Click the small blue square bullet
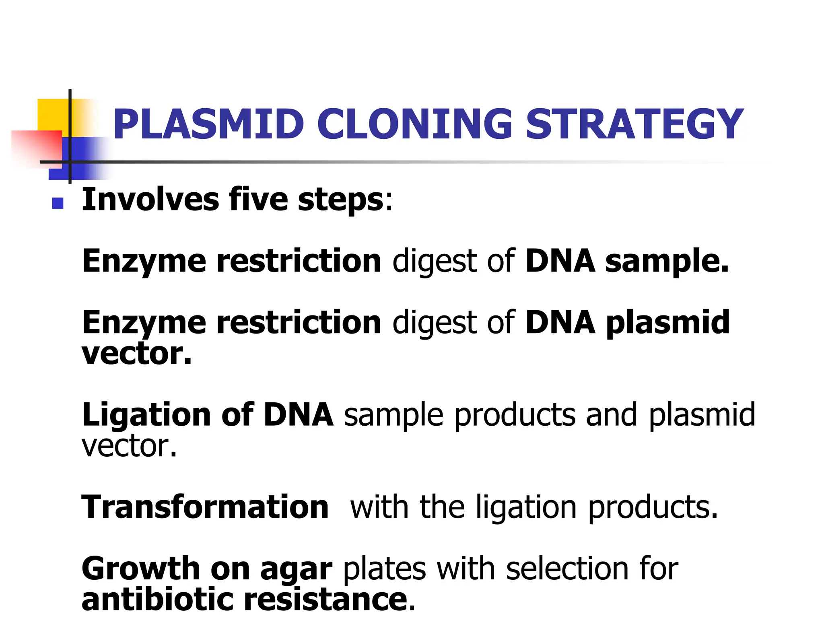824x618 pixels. coord(58,203)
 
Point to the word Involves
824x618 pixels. coord(150,200)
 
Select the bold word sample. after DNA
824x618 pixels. coord(667,262)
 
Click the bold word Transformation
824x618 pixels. coord(205,507)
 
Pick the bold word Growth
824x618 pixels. coord(140,569)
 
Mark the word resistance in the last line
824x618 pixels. coord(326,599)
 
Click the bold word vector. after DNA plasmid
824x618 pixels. coord(136,354)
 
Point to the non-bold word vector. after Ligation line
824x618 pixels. coord(129,447)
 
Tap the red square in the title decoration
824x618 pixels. coord(38,147)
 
